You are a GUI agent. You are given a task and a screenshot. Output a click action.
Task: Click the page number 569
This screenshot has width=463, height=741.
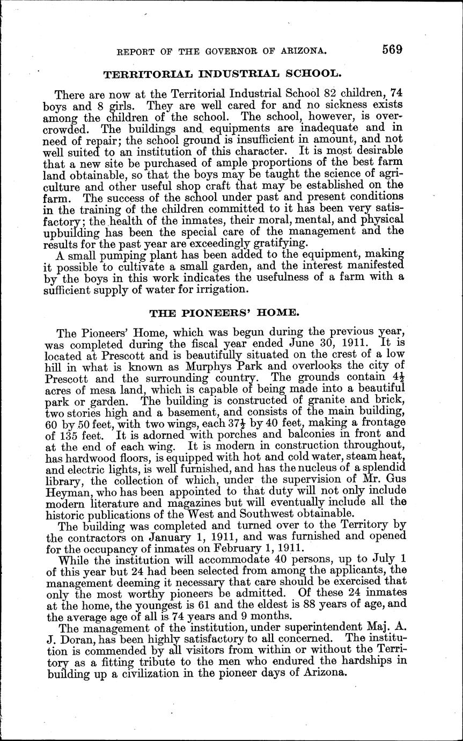pyautogui.click(x=393, y=49)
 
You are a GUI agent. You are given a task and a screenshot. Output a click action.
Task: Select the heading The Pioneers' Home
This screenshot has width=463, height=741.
pyautogui.click(x=232, y=312)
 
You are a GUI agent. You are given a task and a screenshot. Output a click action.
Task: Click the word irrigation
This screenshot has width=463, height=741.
pyautogui.click(x=221, y=289)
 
